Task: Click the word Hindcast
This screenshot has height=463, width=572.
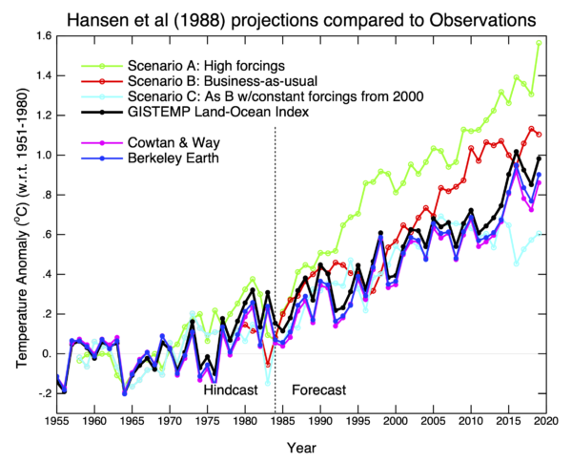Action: [232, 390]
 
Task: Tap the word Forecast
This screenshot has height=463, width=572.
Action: [318, 390]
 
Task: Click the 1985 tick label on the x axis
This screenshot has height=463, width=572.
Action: [282, 419]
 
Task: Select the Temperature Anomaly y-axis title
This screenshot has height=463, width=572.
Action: [21, 215]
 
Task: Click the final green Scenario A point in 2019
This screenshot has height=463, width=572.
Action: [539, 42]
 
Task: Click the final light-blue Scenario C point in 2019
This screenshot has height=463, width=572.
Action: [539, 233]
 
